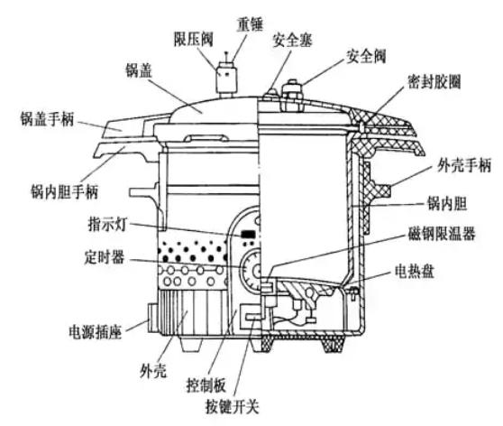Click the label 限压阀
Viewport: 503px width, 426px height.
coord(194,39)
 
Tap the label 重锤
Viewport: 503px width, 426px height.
coord(251,23)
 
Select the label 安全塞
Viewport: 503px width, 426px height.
coord(292,40)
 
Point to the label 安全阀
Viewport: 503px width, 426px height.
coord(366,56)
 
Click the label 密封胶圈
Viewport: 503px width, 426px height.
coord(434,81)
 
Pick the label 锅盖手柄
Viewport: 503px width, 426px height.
coord(47,118)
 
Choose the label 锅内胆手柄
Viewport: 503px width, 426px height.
coord(64,192)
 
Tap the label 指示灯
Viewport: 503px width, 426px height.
coord(108,224)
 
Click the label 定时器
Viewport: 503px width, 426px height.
coord(105,257)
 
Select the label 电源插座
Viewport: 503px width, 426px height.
coord(96,331)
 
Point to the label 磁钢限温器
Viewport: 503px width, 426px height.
coord(442,234)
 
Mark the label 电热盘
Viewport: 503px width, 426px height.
coord(415,272)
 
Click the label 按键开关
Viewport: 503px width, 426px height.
coord(233,407)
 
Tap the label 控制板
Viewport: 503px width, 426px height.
coord(206,384)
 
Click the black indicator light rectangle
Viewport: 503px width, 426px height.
coord(248,234)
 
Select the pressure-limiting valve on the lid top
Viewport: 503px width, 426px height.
coord(226,78)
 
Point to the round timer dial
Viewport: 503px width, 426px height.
coord(251,271)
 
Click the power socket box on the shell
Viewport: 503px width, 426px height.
coord(152,318)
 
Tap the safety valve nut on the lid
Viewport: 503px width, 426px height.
coord(291,91)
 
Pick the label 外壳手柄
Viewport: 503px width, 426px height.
coord(464,166)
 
